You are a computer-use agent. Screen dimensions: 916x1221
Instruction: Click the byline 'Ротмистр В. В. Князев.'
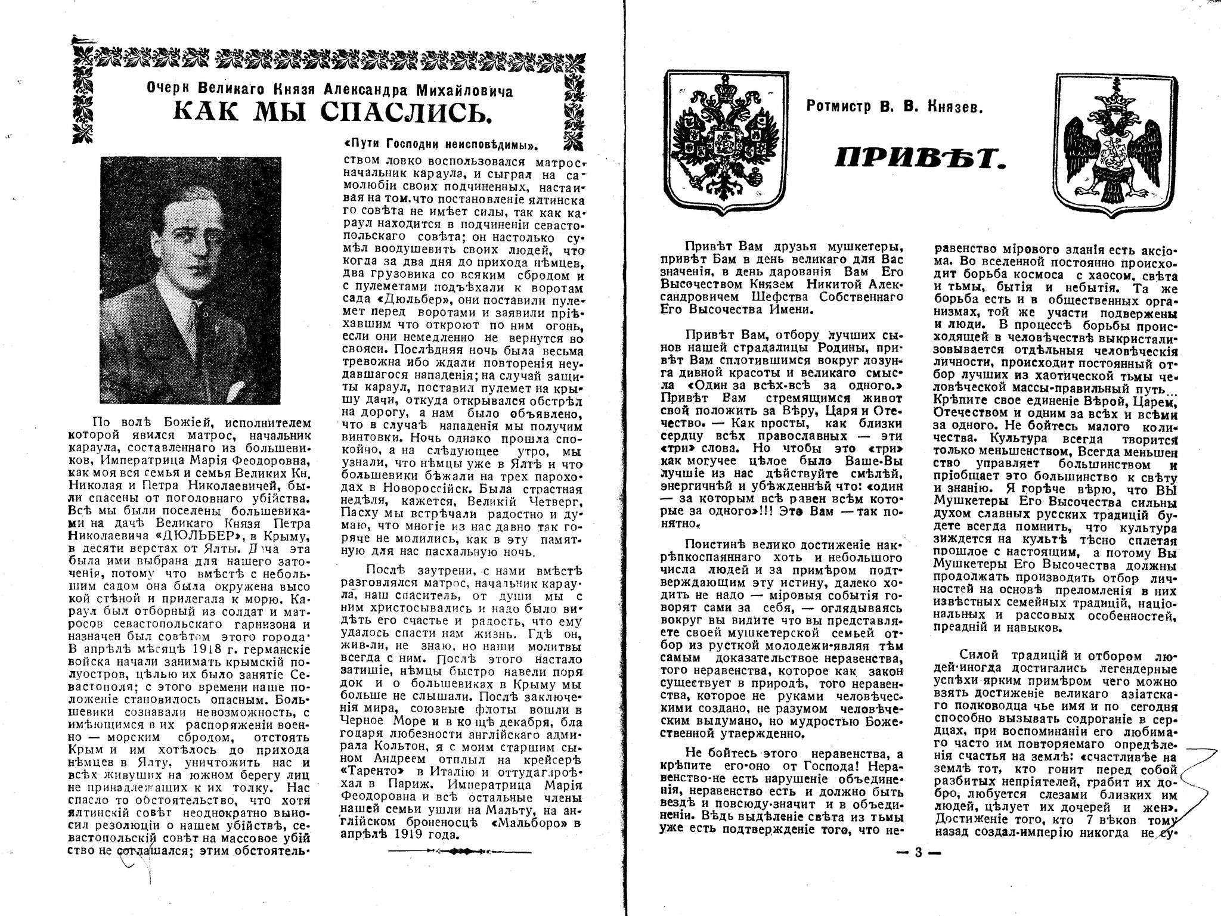click(894, 107)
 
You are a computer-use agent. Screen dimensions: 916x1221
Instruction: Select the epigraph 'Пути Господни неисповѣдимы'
click(445, 145)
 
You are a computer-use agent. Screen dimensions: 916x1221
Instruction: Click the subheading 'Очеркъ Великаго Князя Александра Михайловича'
click(330, 91)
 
